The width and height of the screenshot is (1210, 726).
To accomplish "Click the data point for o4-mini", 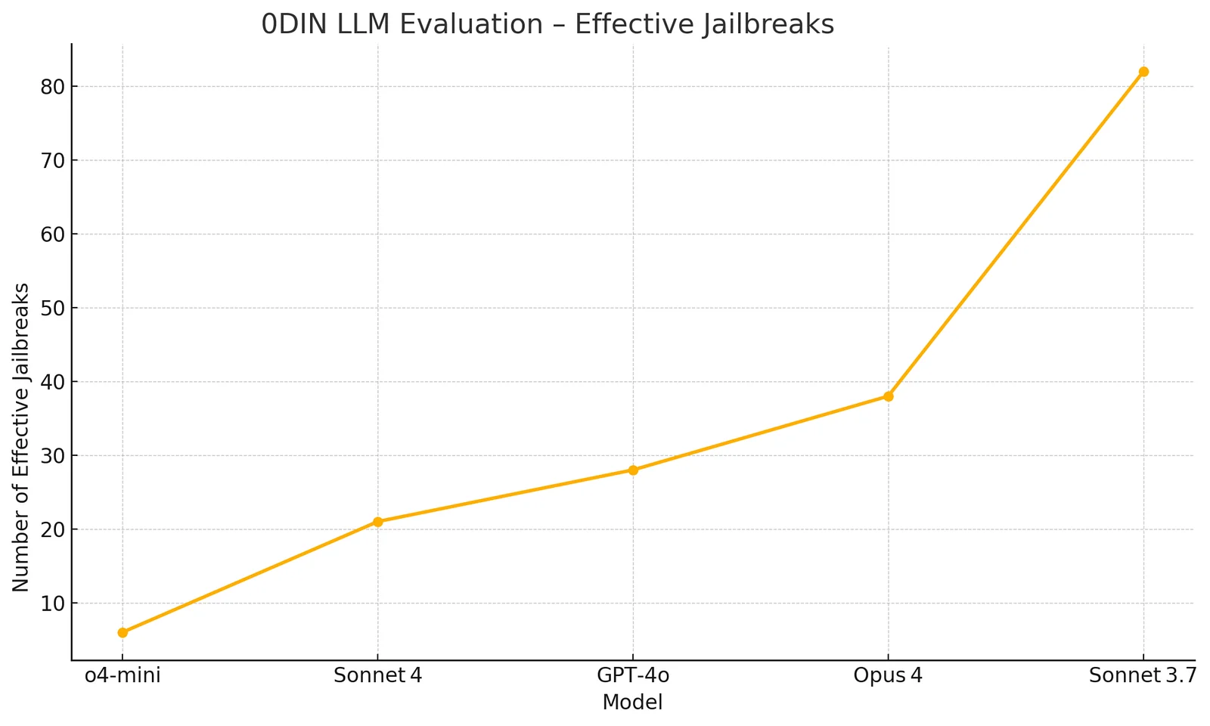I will tap(123, 632).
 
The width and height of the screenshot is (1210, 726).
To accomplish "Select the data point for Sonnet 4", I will tap(377, 522).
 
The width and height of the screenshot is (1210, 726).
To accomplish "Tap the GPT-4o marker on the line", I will tap(633, 470).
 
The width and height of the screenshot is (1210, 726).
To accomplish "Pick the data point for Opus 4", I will tap(888, 396).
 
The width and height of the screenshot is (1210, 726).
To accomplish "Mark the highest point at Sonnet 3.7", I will tap(1143, 72).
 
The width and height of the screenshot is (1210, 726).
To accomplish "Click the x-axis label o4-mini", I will tap(123, 675).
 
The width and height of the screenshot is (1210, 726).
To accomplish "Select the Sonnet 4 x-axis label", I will tap(377, 675).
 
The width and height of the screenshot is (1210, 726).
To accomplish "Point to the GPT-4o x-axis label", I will tap(633, 675).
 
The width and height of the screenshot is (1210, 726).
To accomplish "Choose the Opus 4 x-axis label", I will tap(888, 675).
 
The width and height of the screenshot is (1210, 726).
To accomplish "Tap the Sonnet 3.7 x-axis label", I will tap(1143, 675).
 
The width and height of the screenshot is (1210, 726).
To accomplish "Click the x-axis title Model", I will tap(632, 703).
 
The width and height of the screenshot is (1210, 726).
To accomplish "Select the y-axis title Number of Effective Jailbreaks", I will tap(21, 437).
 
